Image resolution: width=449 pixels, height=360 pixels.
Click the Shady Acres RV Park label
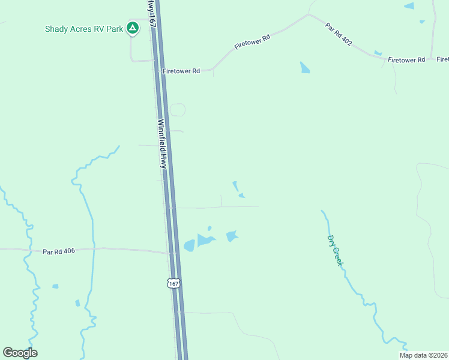pyautogui.click(x=84, y=29)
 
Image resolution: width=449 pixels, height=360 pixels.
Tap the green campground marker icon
pyautogui.click(x=133, y=28)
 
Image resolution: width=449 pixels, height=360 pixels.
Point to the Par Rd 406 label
pyautogui.click(x=59, y=251)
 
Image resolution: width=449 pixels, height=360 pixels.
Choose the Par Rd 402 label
pyautogui.click(x=339, y=34)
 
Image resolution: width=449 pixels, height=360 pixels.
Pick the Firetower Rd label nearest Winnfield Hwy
pyautogui.click(x=181, y=71)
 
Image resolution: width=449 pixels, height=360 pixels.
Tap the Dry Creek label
pyautogui.click(x=334, y=250)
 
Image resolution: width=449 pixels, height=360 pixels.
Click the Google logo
pyautogui.click(x=20, y=353)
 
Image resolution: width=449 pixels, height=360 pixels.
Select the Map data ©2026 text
pyautogui.click(x=424, y=355)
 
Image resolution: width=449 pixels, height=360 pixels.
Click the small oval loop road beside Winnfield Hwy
pyautogui.click(x=177, y=110)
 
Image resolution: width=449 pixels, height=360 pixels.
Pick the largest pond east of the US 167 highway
pyautogui.click(x=205, y=241)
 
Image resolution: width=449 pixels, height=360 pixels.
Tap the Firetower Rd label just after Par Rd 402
pyautogui.click(x=406, y=60)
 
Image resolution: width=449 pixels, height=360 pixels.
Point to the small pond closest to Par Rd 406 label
pyautogui.click(x=55, y=286)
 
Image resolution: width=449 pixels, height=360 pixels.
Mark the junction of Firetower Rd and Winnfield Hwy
pyautogui.click(x=158, y=71)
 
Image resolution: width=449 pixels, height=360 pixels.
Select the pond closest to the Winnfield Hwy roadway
pyautogui.click(x=189, y=245)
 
